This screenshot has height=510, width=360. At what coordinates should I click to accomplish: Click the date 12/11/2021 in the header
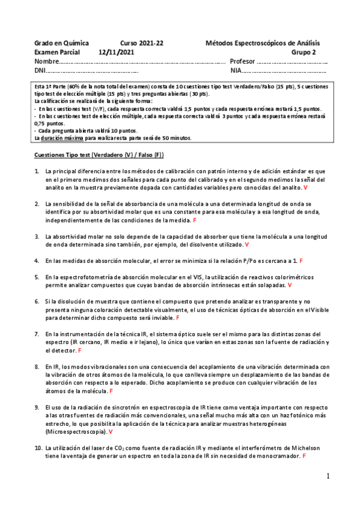pos(118,52)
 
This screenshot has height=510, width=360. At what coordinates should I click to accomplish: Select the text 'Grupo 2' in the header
pos(307,52)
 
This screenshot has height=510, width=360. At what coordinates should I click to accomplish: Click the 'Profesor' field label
pos(242,61)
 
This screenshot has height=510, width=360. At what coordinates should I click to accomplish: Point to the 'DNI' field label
pos(40,70)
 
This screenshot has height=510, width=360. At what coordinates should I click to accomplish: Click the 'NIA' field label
pos(236,70)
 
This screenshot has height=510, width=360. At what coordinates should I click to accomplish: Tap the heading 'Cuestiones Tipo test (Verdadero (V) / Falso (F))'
pos(99,155)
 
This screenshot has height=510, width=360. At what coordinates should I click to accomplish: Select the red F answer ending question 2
pos(194,221)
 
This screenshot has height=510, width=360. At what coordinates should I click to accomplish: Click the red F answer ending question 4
pos(301,261)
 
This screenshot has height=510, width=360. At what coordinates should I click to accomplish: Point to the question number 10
pos(38,448)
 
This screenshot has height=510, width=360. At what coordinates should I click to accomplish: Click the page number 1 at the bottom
pos(328,476)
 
